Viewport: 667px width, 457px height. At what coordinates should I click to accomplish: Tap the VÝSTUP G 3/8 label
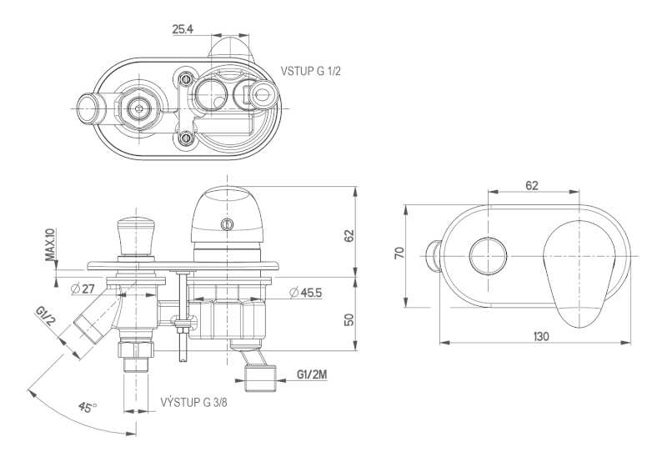193,402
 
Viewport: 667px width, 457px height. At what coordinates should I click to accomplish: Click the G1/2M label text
312,374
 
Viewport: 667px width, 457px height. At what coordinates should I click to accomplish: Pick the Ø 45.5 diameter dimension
307,292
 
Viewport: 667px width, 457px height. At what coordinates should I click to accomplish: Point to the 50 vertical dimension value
350,319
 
